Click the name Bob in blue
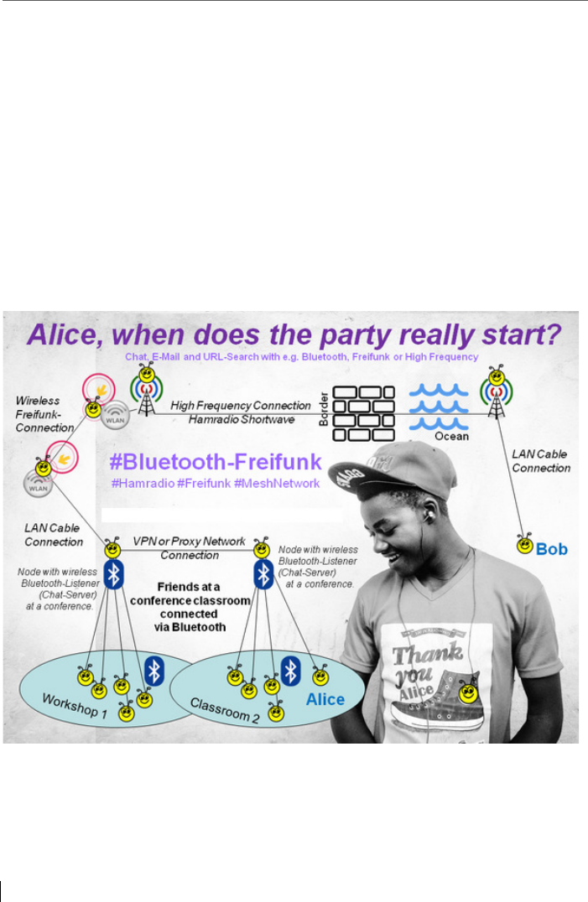tap(552, 549)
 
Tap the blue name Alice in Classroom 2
tap(324, 698)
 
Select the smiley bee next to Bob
tap(524, 546)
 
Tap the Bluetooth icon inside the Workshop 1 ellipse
tap(154, 670)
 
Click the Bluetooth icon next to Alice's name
tap(290, 670)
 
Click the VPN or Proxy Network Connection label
tap(190, 547)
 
